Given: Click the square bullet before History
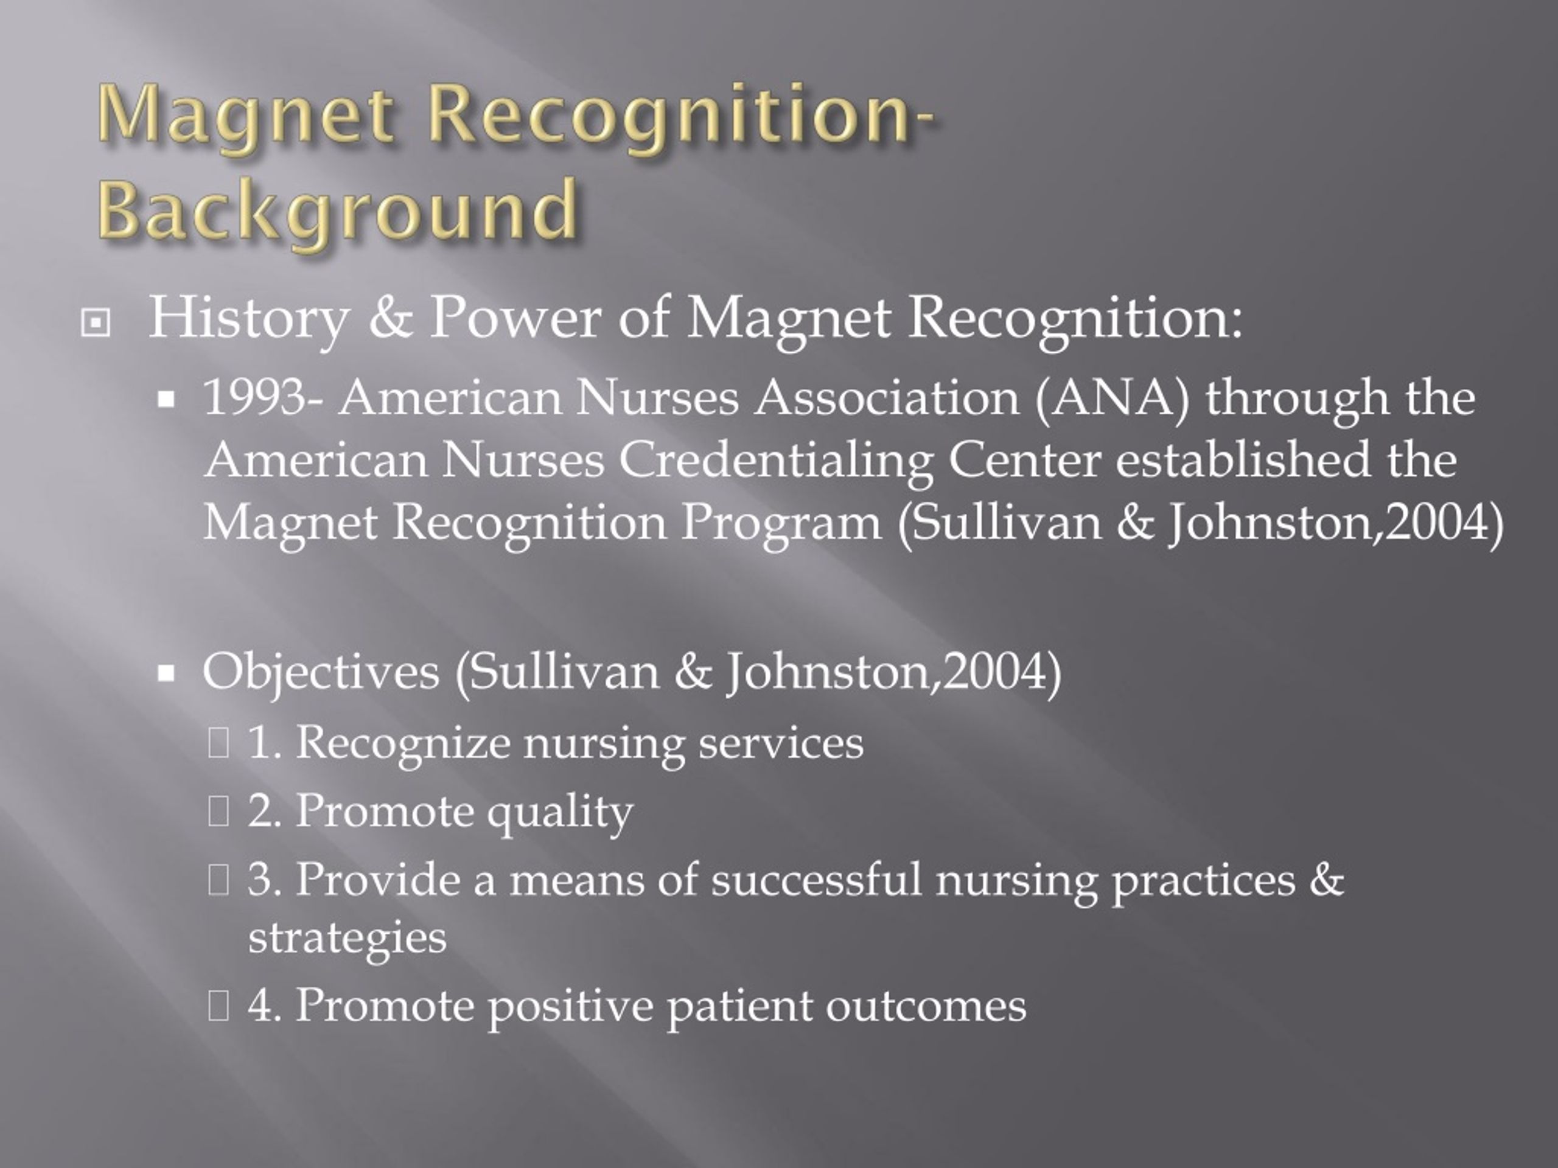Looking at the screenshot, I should pyautogui.click(x=95, y=323).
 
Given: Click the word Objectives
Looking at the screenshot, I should pyautogui.click(x=321, y=672).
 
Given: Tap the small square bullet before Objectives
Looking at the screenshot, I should pyautogui.click(x=166, y=674).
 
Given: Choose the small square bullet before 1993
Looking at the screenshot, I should pyautogui.click(x=166, y=400).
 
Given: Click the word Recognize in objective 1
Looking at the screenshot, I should pyautogui.click(x=402, y=743).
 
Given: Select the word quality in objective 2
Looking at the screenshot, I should pyautogui.click(x=560, y=812).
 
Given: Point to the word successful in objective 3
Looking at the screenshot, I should pyautogui.click(x=816, y=880).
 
